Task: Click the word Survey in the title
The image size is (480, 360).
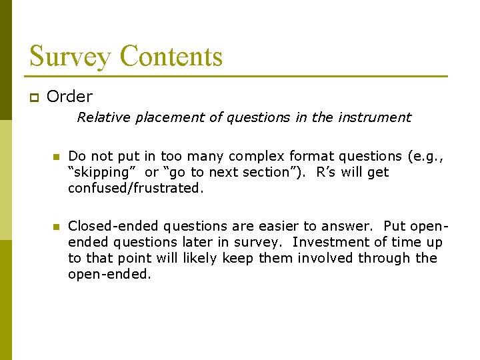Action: tap(68, 56)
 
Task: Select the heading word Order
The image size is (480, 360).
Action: tap(70, 97)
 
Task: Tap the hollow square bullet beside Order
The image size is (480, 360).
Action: tap(33, 98)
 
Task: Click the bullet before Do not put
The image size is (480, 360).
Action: tap(57, 157)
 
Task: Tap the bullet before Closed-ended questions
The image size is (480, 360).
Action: tap(57, 227)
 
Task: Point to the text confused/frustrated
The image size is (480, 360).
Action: tap(136, 188)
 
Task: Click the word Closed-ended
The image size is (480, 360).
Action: tap(113, 226)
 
